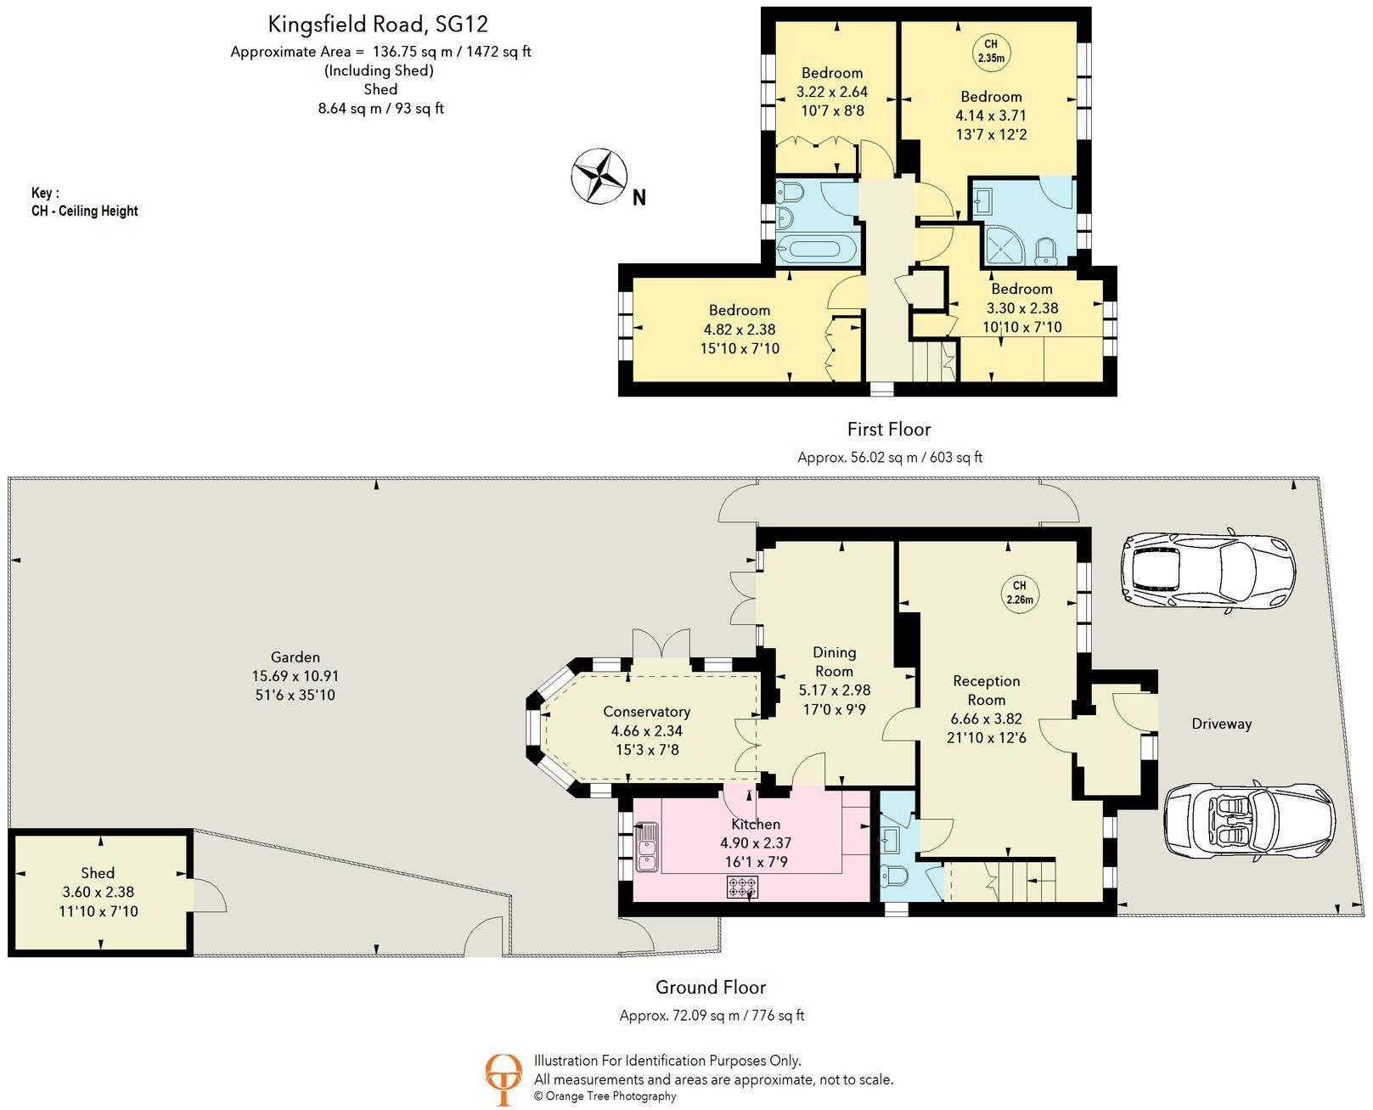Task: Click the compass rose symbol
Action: coord(599,176)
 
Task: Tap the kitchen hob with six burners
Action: coord(742,887)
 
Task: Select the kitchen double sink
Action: coord(646,847)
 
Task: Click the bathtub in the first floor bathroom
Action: coord(816,250)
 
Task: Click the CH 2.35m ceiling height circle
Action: coord(991,51)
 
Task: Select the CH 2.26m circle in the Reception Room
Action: coord(1019,593)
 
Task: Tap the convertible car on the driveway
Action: coord(1250,826)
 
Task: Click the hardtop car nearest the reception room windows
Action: coord(1208,571)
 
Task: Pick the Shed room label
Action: coord(98,873)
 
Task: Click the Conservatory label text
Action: coord(646,712)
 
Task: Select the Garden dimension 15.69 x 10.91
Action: coord(295,676)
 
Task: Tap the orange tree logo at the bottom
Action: coord(504,1079)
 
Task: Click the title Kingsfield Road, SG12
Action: coord(378,25)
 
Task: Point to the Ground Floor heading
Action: coord(711,987)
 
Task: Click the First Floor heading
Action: coord(889,429)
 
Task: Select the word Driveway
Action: coord(1222,724)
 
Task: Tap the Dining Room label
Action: coord(834,662)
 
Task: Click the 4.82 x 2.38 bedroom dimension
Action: coord(740,330)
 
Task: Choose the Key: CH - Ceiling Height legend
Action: coord(84,202)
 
